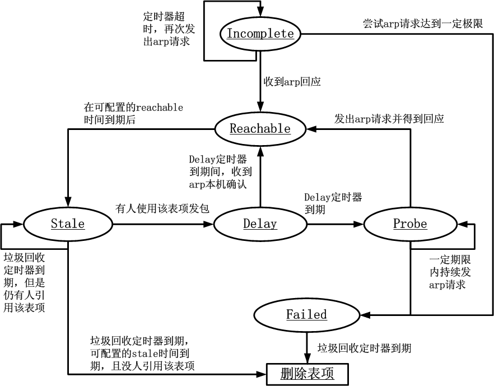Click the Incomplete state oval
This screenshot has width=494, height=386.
pyautogui.click(x=260, y=34)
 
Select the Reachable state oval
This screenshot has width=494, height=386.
pyautogui.click(x=260, y=129)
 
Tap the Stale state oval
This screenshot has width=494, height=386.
pyautogui.click(x=68, y=224)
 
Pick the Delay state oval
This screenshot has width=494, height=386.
pyautogui.click(x=260, y=224)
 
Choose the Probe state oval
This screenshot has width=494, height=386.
pyautogui.click(x=410, y=224)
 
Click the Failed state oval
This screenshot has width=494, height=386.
pyautogui.click(x=306, y=314)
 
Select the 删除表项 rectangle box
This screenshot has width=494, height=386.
pyautogui.click(x=307, y=374)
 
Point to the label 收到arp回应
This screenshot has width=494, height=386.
pyautogui.click(x=292, y=82)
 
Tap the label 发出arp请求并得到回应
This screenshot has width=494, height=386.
pyautogui.click(x=389, y=119)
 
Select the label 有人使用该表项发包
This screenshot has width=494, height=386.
pyautogui.click(x=162, y=208)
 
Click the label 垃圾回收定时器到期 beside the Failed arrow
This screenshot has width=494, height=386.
pyautogui.click(x=364, y=348)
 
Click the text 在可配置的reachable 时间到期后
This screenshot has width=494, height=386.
pyautogui.click(x=133, y=113)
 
